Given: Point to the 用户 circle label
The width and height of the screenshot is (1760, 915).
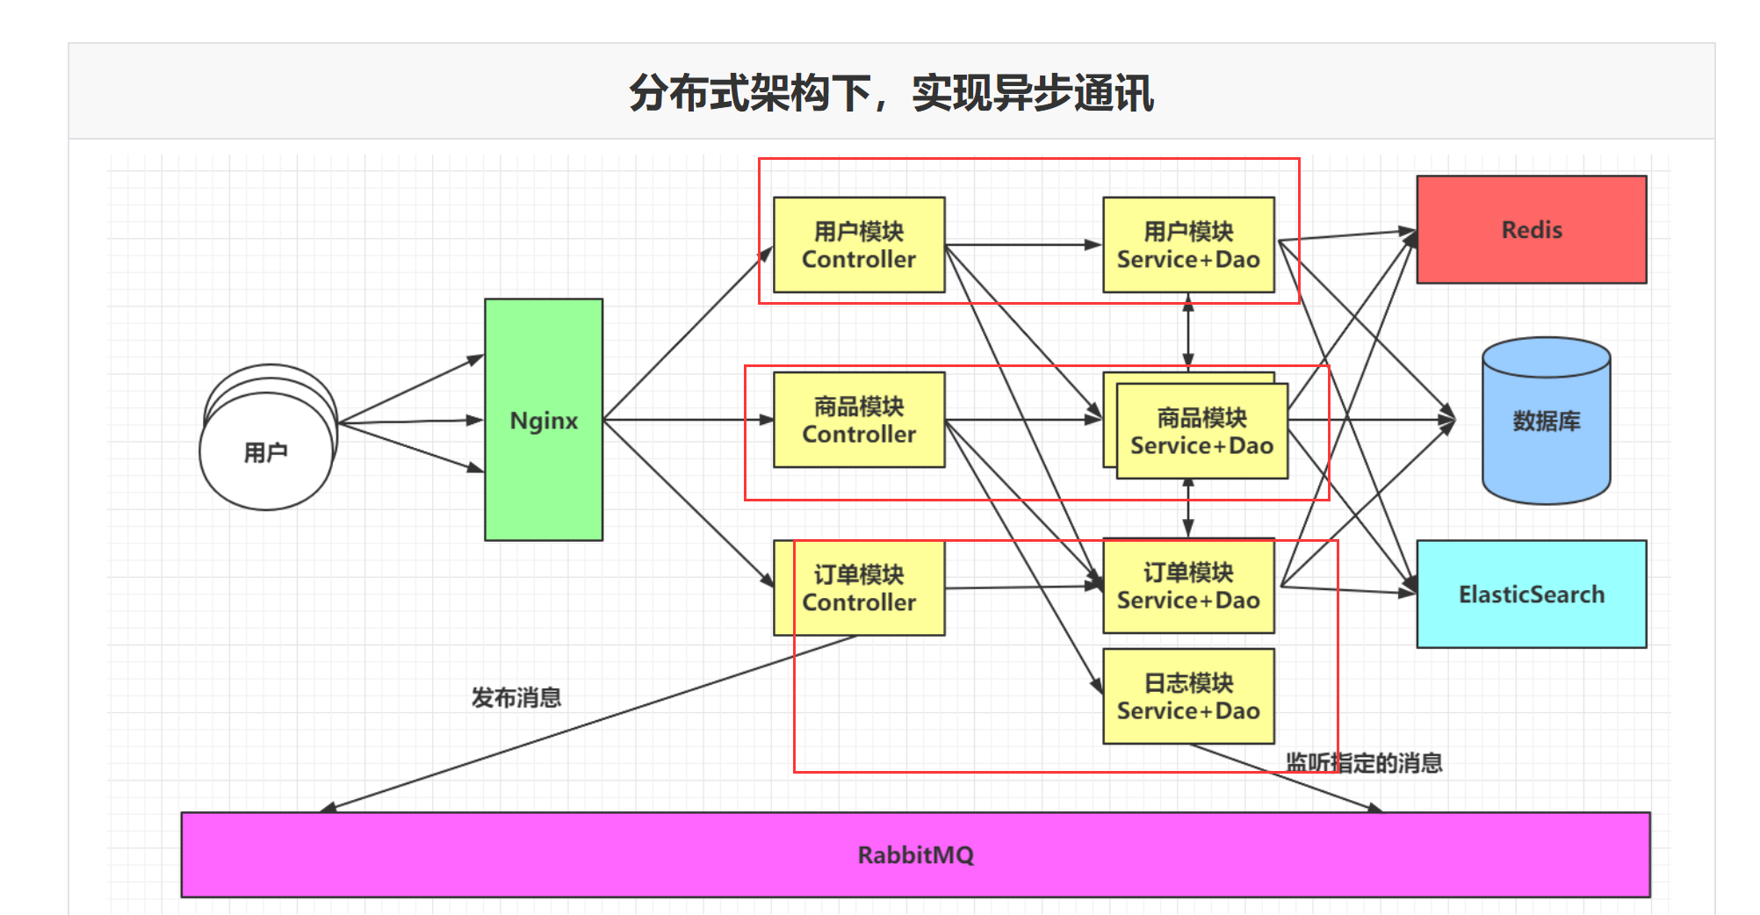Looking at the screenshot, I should (x=265, y=452).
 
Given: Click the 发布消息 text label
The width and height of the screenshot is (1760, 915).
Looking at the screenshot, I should (x=516, y=697).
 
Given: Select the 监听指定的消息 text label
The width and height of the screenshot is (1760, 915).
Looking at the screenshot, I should (x=1363, y=762).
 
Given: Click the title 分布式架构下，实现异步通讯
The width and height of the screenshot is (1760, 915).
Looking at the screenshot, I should (x=891, y=92).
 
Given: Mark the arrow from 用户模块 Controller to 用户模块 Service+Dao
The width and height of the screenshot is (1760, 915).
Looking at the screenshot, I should (x=1023, y=245).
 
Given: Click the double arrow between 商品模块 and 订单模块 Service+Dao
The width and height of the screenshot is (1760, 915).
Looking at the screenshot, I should (x=1187, y=508).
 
